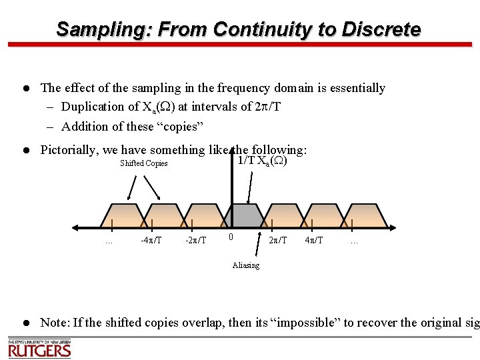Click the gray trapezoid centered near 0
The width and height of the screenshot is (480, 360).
tap(245, 216)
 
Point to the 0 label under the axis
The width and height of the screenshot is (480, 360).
tap(230, 237)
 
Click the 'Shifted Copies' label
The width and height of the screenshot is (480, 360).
tap(143, 164)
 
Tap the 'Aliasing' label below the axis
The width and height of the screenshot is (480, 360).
tap(246, 265)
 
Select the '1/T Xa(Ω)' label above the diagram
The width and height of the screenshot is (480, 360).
tap(262, 161)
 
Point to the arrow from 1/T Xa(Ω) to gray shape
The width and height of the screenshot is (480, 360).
tap(250, 187)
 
